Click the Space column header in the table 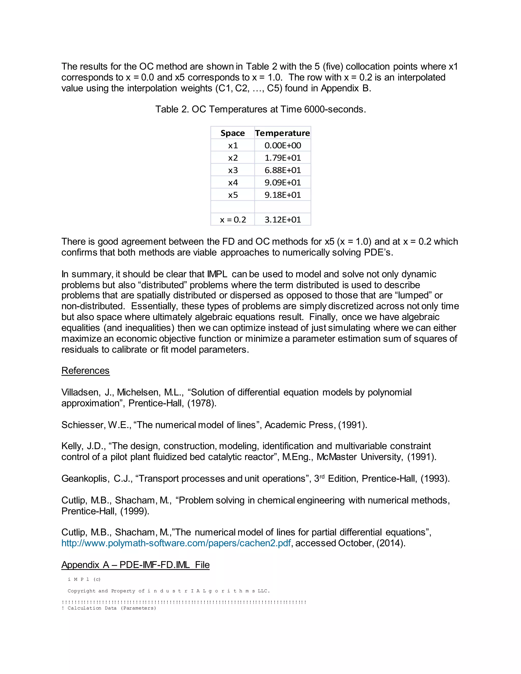[x=233, y=133]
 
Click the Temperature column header [x=282, y=133]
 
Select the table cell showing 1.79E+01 [x=282, y=158]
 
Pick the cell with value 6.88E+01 [x=282, y=170]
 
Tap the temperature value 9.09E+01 [x=282, y=182]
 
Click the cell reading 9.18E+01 [x=282, y=195]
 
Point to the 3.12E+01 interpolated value [x=282, y=219]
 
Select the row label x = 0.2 [x=233, y=219]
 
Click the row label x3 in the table [x=233, y=170]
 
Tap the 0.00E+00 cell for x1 [x=282, y=145]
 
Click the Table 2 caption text [x=260, y=109]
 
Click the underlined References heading [x=85, y=370]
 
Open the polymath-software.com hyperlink [x=176, y=543]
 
